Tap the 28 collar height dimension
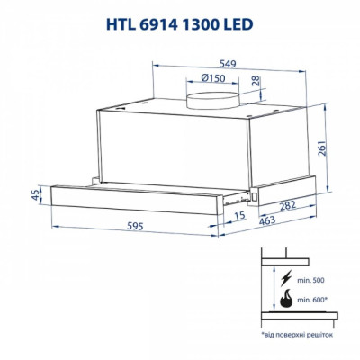coord(258,84)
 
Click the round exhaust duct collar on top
coord(211,96)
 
